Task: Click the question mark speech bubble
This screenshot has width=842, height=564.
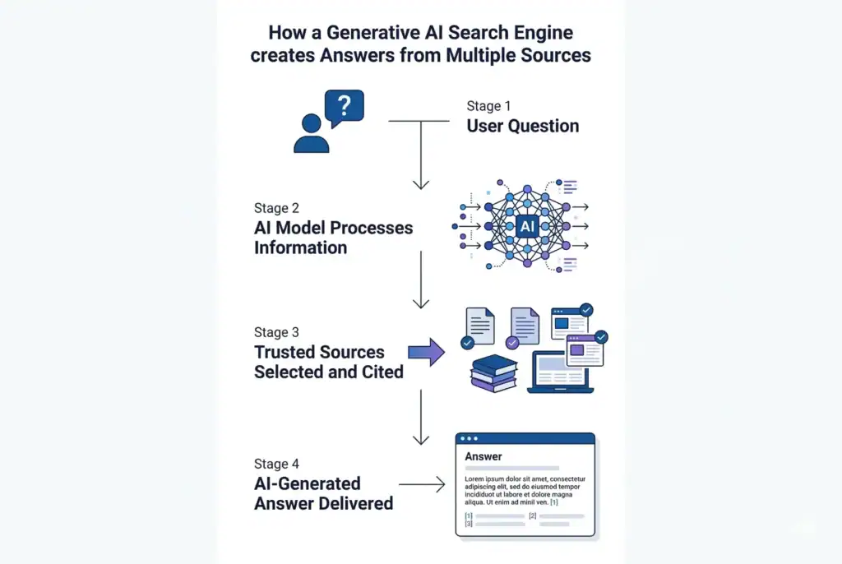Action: (x=344, y=107)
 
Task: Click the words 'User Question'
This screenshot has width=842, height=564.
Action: (x=523, y=126)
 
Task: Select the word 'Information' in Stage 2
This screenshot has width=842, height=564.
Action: (x=300, y=247)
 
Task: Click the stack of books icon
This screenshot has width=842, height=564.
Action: (x=493, y=372)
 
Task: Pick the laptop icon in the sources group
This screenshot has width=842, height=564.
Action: (x=559, y=372)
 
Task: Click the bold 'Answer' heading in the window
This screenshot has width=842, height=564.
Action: (x=483, y=456)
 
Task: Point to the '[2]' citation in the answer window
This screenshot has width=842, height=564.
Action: (x=532, y=515)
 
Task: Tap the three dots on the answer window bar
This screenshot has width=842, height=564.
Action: (x=472, y=439)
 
